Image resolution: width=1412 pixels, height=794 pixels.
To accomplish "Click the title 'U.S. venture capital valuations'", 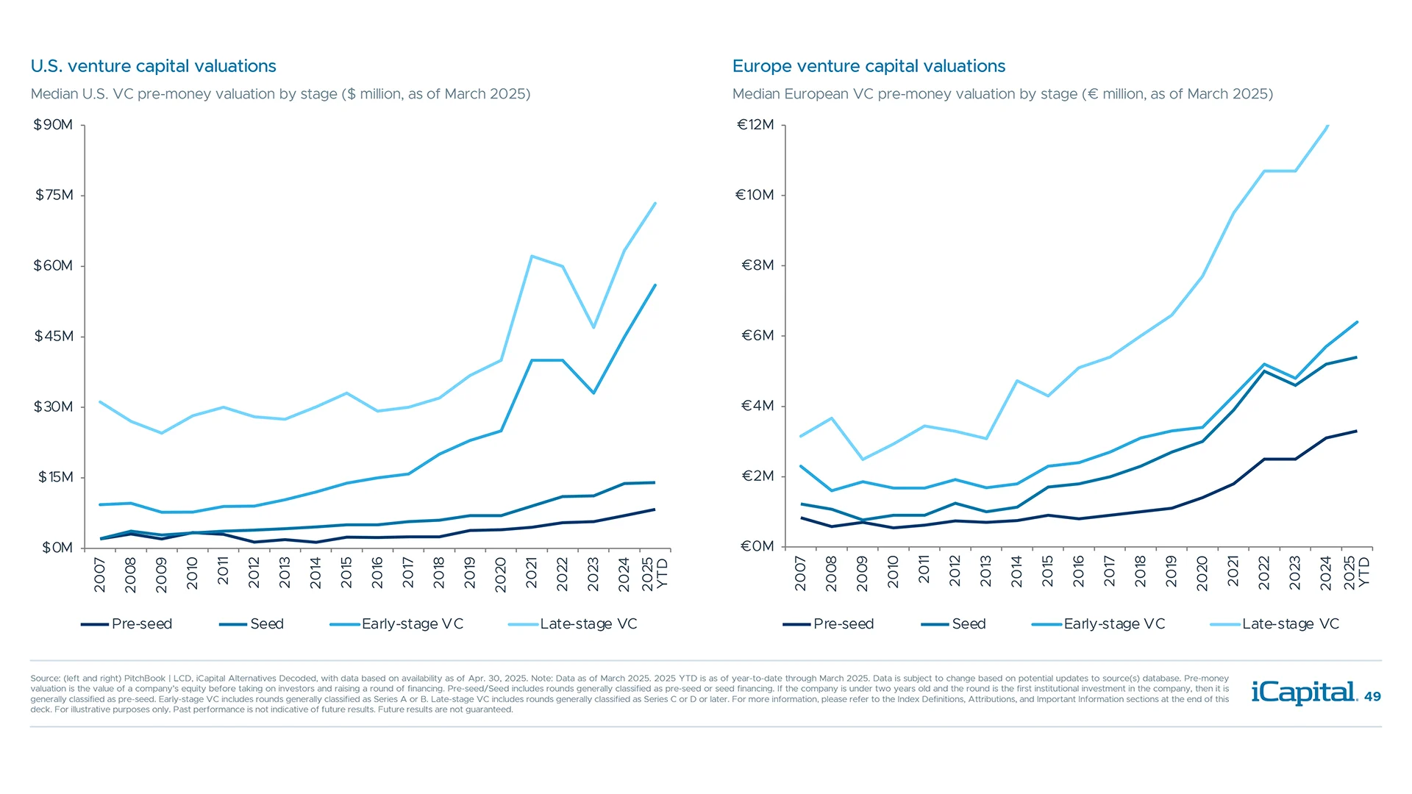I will (153, 66).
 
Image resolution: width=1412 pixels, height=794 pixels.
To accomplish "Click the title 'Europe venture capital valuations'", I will (869, 66).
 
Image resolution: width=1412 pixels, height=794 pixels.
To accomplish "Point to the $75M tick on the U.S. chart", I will (54, 195).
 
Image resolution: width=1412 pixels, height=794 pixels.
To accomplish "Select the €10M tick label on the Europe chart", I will (755, 195).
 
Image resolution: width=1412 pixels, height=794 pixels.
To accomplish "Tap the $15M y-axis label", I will (56, 477).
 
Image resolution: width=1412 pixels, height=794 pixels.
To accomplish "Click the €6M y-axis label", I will (757, 336).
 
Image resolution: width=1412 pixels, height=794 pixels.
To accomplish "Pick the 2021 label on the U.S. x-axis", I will (532, 573).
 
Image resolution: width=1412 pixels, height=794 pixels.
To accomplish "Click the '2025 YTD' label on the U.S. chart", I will (655, 573).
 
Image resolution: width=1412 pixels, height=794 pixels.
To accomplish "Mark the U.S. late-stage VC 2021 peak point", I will (532, 256).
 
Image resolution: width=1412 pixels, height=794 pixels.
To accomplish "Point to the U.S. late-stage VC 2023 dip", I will (593, 327).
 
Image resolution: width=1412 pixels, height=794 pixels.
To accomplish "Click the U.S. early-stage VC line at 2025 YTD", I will (655, 285).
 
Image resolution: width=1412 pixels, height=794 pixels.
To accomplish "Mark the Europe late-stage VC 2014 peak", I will (1017, 381).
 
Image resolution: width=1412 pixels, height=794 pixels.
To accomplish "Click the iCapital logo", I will (1303, 693).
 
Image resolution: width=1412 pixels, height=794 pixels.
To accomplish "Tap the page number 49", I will (1372, 697).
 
